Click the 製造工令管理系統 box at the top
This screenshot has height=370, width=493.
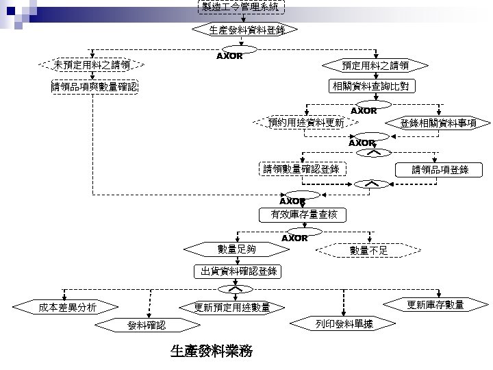240,7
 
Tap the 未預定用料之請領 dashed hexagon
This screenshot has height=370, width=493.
92,65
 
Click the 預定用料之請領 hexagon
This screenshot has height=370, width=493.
375,65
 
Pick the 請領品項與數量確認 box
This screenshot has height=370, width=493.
94,87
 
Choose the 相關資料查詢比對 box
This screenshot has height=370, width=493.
370,86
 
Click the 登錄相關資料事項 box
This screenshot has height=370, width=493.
443,123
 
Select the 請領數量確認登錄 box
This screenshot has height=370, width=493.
301,169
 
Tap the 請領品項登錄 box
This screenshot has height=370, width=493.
440,169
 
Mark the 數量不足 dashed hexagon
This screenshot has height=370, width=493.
368,250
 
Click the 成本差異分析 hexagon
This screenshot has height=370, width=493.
67,306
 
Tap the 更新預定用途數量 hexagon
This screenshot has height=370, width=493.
232,307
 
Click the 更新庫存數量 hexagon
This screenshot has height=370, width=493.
435,305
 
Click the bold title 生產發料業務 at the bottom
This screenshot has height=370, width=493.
211,351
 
